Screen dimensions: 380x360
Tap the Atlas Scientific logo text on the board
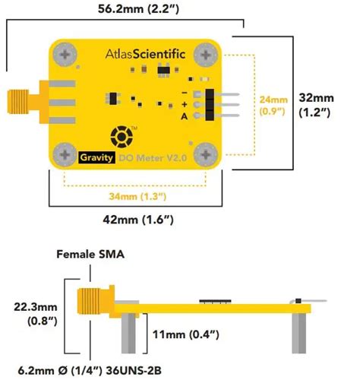[144, 54]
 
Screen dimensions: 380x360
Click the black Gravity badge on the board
[97, 158]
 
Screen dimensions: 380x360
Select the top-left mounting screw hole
[65, 55]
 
